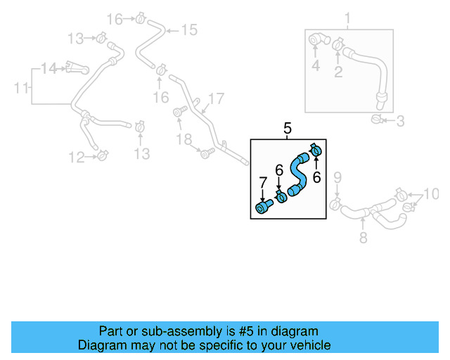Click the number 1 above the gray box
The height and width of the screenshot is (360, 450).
pos(347,18)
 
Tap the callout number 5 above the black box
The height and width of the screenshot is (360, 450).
pos(287,128)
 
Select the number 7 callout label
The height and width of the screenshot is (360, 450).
pos(263,184)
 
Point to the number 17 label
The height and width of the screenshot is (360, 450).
pos(216,99)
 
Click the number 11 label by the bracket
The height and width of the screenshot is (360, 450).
pos(22,88)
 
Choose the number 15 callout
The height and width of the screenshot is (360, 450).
pos(189,30)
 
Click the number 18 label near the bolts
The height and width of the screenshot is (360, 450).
pos(184,140)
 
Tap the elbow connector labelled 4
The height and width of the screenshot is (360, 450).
pos(315,41)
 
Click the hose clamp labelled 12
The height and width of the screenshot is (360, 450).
pos(103,153)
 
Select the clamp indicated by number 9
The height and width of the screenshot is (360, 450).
pos(336,204)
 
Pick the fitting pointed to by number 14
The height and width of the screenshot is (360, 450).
pos(76,67)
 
